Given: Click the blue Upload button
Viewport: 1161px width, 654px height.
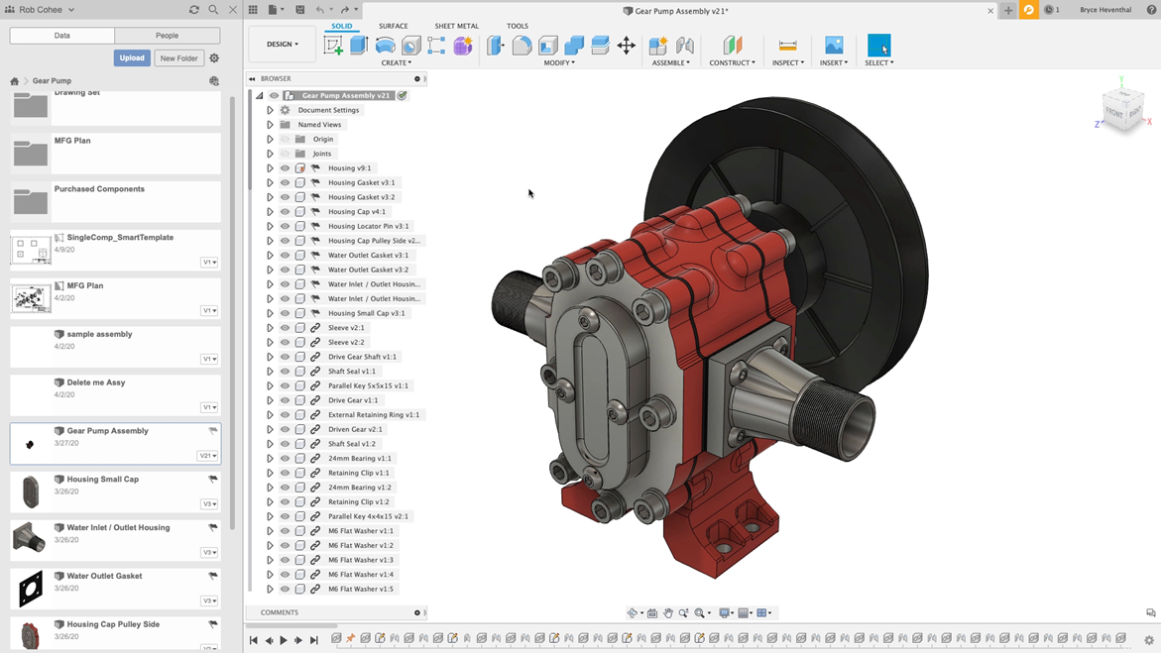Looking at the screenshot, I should (131, 58).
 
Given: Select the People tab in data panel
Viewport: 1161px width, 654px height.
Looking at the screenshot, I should (167, 36).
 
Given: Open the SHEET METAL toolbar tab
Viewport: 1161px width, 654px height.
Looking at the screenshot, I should (456, 26).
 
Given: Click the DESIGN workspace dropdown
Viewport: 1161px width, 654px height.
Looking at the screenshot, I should (282, 45).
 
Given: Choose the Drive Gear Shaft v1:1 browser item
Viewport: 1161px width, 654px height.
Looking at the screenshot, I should (362, 357).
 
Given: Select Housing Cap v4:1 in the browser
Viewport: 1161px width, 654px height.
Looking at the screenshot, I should (357, 211).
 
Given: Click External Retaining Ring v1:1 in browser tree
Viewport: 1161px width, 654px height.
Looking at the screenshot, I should (373, 415).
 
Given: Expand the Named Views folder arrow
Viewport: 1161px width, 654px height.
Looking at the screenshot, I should (270, 125).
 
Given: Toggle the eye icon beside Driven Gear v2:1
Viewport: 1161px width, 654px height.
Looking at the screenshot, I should (286, 429).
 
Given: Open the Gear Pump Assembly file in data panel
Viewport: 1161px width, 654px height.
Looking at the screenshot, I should (107, 431).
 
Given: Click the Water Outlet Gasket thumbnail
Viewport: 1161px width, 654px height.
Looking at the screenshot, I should (31, 589).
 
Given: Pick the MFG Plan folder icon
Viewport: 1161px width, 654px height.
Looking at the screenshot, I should (31, 153).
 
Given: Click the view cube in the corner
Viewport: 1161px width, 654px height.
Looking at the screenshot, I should (1122, 111).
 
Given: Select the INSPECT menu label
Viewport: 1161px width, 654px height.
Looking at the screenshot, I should (787, 62).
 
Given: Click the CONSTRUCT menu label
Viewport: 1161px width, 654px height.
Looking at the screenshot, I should (732, 62).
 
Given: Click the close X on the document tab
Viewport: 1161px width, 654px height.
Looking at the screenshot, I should (989, 11).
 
